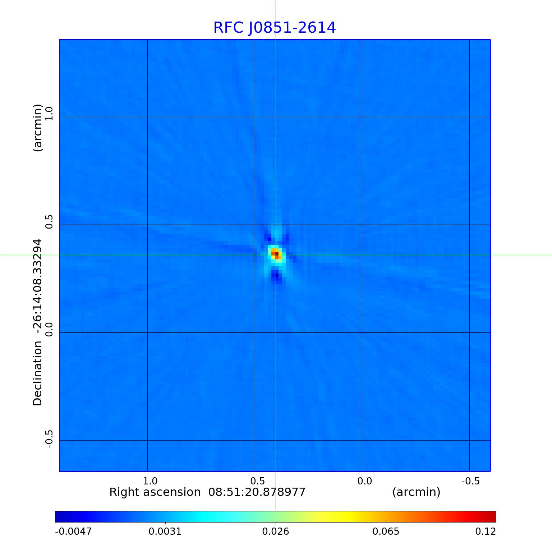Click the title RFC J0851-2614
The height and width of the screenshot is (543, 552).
[275, 28]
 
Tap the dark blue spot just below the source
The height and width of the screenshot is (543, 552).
[275, 276]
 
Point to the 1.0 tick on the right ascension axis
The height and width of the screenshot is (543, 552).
[150, 481]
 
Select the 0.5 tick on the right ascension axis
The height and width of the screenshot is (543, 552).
[257, 481]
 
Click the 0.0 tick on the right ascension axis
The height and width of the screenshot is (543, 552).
[364, 481]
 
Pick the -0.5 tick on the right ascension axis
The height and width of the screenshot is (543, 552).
[470, 481]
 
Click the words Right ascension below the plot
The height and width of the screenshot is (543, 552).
[155, 492]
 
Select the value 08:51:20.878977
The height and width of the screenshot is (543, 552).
[257, 492]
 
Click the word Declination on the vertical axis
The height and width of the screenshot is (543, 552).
[37, 374]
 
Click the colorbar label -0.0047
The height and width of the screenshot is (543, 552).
[73, 531]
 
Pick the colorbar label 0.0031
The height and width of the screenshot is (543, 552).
[165, 531]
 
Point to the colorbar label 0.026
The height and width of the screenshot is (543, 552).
[276, 531]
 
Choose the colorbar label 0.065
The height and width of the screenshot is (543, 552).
[386, 531]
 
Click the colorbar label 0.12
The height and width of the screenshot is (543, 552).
[486, 531]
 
